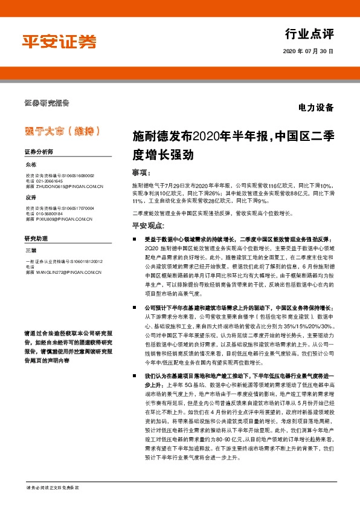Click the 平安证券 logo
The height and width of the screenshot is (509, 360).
(59, 41)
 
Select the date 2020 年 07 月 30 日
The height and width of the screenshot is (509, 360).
(307, 53)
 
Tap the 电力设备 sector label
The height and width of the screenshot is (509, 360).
(315, 109)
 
